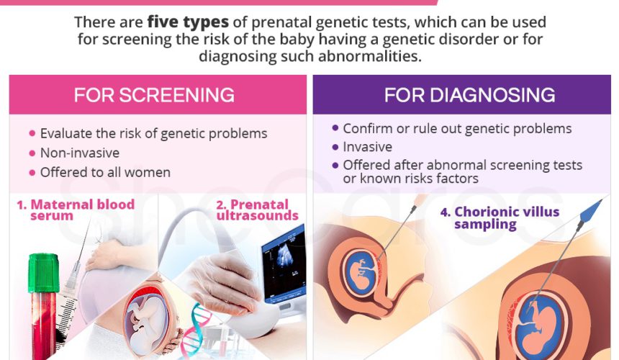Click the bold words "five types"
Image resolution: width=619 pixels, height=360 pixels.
pyautogui.click(x=188, y=22)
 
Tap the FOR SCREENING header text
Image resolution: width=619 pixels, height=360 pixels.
pyautogui.click(x=154, y=95)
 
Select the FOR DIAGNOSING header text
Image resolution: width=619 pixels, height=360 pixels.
pyautogui.click(x=470, y=95)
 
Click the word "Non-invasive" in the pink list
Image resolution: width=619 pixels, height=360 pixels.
pyautogui.click(x=80, y=153)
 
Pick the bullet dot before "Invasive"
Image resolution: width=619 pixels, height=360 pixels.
pyautogui.click(x=335, y=147)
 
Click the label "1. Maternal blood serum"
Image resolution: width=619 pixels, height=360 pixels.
pyautogui.click(x=76, y=210)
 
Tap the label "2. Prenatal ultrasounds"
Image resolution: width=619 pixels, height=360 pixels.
pyautogui.click(x=258, y=210)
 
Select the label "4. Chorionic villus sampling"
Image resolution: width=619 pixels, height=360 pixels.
pyautogui.click(x=500, y=218)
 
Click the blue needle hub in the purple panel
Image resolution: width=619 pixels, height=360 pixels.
pyautogui.click(x=591, y=212)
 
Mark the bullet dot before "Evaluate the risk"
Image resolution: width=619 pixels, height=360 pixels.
pyautogui.click(x=32, y=133)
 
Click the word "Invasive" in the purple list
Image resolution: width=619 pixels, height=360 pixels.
pyautogui.click(x=368, y=147)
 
